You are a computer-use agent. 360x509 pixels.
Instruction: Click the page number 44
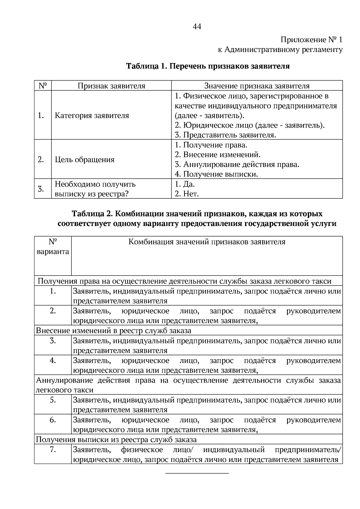point(197,27)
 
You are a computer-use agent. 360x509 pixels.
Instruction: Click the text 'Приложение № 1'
point(311,40)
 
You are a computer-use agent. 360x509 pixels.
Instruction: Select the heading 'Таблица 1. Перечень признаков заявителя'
point(208,66)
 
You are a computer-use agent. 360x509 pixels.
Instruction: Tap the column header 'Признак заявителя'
point(111,86)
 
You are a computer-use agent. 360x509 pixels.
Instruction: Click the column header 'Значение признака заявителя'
point(257,86)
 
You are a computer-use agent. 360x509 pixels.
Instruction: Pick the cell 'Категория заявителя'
point(92,116)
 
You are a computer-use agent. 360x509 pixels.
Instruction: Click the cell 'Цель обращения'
point(85,159)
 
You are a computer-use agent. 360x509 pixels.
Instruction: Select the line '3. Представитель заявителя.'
point(225,135)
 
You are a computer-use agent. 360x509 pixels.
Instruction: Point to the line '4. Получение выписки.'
point(216,174)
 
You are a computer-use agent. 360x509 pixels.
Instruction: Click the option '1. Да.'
point(184,184)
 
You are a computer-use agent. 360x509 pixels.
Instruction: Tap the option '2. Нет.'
point(187,194)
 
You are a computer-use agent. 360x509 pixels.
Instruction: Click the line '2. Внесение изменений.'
point(217,155)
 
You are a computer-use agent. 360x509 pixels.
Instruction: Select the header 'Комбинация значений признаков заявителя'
point(207,242)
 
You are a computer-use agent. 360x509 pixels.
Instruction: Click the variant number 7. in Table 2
point(53,450)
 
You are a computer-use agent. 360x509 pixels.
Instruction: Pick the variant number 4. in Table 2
point(53,360)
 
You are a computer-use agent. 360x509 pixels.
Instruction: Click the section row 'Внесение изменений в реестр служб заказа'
point(113,331)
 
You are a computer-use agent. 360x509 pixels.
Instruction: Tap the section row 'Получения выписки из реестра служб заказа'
point(116,440)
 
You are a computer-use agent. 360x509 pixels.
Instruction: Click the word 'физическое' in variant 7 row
point(142,450)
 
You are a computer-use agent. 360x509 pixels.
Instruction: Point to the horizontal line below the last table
point(197,473)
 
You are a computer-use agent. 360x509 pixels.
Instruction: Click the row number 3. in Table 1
point(41,189)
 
